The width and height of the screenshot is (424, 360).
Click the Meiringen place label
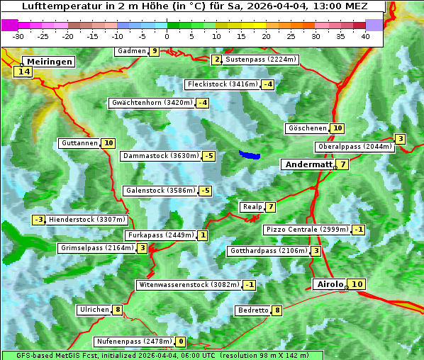coord(45,62)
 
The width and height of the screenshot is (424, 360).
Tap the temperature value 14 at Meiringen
coord(24,72)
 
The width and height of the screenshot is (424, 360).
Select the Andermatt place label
coord(308,164)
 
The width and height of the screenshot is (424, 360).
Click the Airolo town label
coord(330,284)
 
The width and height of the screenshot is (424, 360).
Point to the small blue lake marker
coord(250,154)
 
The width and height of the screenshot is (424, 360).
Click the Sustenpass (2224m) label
coord(255,60)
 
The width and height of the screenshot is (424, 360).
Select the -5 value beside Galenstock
coord(205,191)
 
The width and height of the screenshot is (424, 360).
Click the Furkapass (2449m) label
coord(160,235)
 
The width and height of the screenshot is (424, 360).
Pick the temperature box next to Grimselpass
coord(143,248)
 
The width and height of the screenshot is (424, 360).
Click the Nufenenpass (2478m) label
coord(134,342)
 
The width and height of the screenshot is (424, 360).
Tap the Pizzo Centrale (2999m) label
coord(307,230)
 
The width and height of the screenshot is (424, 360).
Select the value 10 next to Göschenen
coord(337,128)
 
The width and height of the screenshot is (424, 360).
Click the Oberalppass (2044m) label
coord(355,147)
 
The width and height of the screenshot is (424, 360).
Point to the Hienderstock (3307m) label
coord(87,220)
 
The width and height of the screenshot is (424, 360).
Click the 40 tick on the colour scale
coord(365,35)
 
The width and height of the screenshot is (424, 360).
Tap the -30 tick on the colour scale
coord(18,35)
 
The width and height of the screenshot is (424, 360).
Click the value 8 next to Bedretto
coord(277,310)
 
